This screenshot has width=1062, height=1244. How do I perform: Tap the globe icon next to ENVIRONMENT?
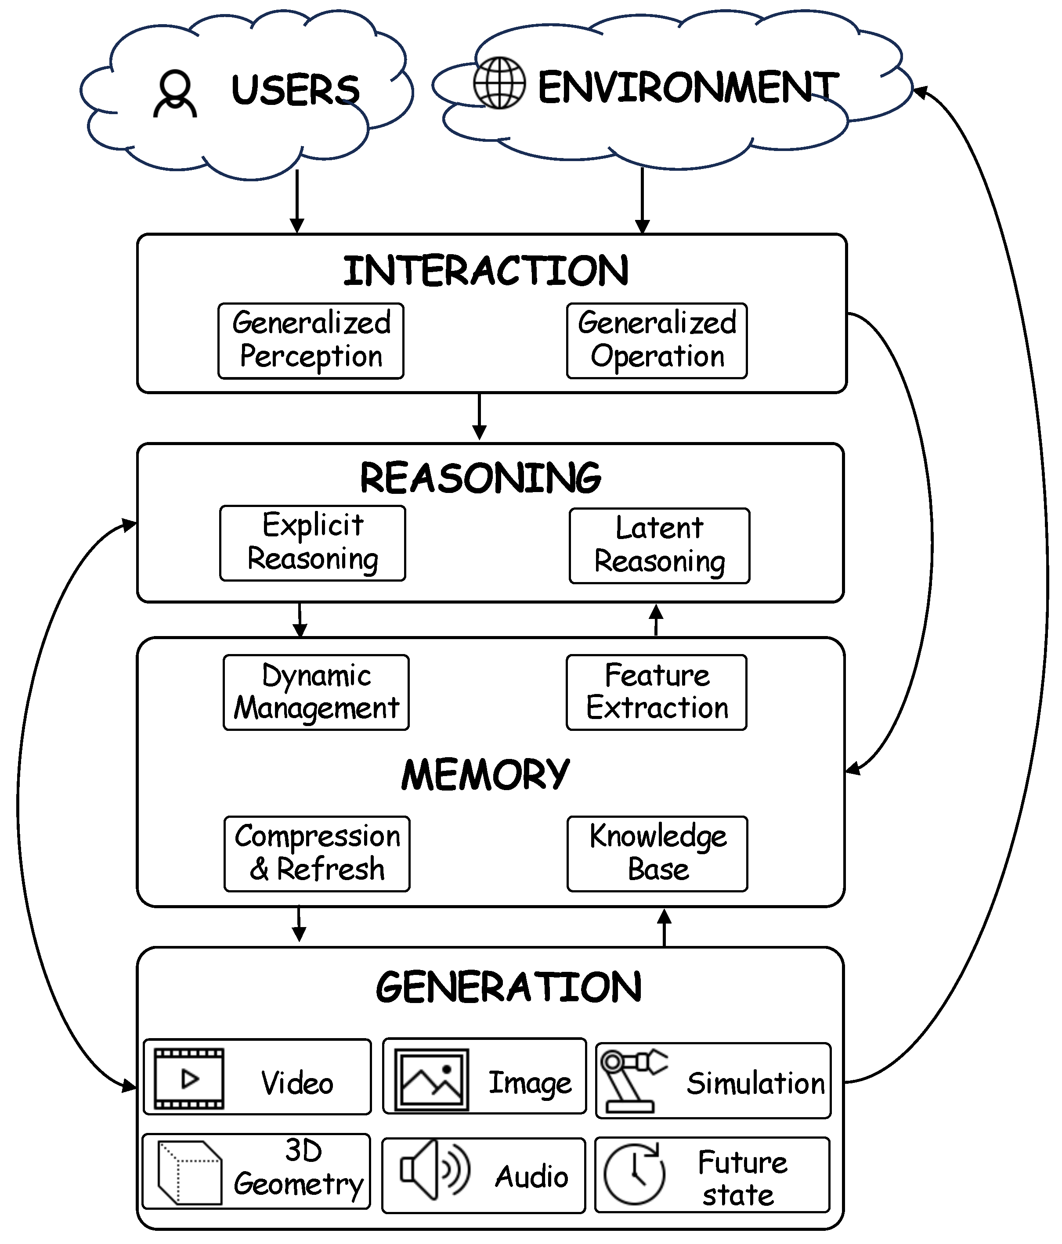click(x=499, y=83)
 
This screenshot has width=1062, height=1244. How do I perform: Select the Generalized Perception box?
click(x=311, y=341)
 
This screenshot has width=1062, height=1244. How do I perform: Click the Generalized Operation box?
click(x=657, y=341)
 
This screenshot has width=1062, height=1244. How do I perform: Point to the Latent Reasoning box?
click(x=659, y=546)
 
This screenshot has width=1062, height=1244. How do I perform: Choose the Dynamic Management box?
click(x=316, y=692)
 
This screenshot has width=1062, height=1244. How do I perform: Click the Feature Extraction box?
click(x=657, y=692)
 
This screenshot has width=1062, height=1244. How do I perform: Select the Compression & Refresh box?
click(x=317, y=854)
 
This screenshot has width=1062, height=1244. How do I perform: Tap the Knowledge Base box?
click(x=657, y=854)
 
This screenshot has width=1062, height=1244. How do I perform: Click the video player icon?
click(x=188, y=1079)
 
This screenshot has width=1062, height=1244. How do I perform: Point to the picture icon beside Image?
click(x=431, y=1079)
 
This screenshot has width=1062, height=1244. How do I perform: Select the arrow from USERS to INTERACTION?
click(x=297, y=201)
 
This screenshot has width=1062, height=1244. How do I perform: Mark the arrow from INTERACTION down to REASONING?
click(x=479, y=417)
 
